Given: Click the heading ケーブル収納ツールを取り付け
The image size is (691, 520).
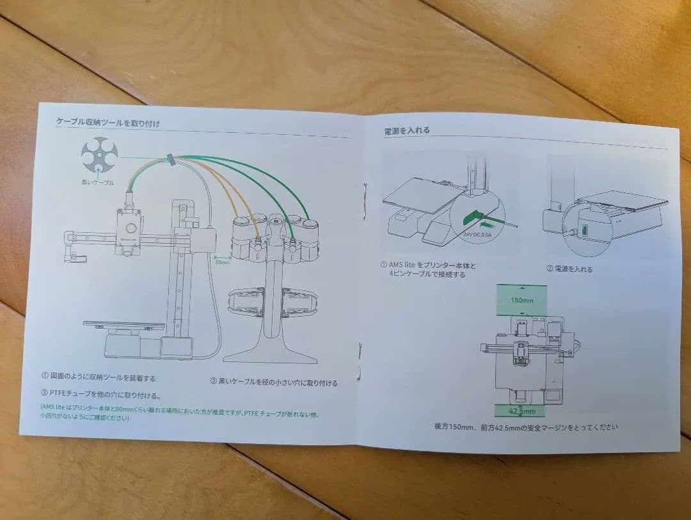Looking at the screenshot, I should pyautogui.click(x=108, y=122).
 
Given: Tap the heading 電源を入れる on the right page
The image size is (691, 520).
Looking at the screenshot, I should pyautogui.click(x=407, y=130).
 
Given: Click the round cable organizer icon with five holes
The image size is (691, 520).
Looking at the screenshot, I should pyautogui.click(x=99, y=155).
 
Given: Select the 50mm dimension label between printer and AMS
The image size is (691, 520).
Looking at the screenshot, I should pyautogui.click(x=221, y=262).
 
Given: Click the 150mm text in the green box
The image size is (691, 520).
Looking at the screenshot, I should pyautogui.click(x=521, y=300).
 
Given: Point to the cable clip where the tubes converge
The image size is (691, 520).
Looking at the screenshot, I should pyautogui.click(x=171, y=159).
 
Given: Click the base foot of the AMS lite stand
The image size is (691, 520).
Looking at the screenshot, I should pyautogui.click(x=270, y=354).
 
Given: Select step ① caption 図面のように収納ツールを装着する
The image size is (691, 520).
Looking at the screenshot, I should pyautogui.click(x=99, y=377).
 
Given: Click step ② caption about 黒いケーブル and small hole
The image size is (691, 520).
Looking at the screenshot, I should pyautogui.click(x=274, y=382).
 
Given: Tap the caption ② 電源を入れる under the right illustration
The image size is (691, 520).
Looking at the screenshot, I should pyautogui.click(x=569, y=269).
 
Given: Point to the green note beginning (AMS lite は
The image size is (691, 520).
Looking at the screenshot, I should pyautogui.click(x=179, y=412).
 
